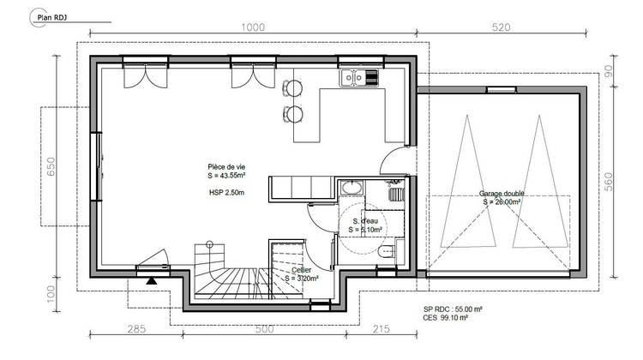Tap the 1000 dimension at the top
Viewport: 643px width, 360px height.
[x=252, y=27]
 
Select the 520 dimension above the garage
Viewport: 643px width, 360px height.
[x=502, y=27]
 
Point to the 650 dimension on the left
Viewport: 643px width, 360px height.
[x=51, y=166]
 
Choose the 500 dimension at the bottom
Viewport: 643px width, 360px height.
[x=263, y=328]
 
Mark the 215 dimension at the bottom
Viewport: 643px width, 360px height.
[x=382, y=328]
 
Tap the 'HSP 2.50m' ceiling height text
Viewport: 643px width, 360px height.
[x=226, y=194]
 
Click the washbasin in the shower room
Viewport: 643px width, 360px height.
[x=351, y=188]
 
